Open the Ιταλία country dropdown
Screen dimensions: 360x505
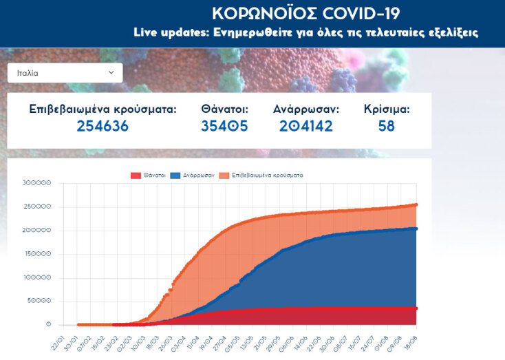point(65,72)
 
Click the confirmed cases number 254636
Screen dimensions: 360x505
point(103,126)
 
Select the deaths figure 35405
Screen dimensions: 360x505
point(224,126)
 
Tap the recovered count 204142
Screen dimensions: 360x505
point(305,126)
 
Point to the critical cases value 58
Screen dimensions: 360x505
point(386,126)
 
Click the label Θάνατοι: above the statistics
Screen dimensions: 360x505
point(224,109)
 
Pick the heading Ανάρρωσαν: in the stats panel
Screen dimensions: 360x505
point(305,109)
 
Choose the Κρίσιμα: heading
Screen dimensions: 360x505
point(387,109)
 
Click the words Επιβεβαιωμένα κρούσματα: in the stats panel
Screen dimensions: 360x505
point(103,109)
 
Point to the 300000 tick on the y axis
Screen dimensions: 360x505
point(36,183)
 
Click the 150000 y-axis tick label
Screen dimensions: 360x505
point(36,254)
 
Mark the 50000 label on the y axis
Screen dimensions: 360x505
point(39,301)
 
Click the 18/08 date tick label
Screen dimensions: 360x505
point(410,339)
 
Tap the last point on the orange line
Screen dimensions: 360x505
point(416,204)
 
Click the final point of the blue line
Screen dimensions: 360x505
point(416,229)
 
